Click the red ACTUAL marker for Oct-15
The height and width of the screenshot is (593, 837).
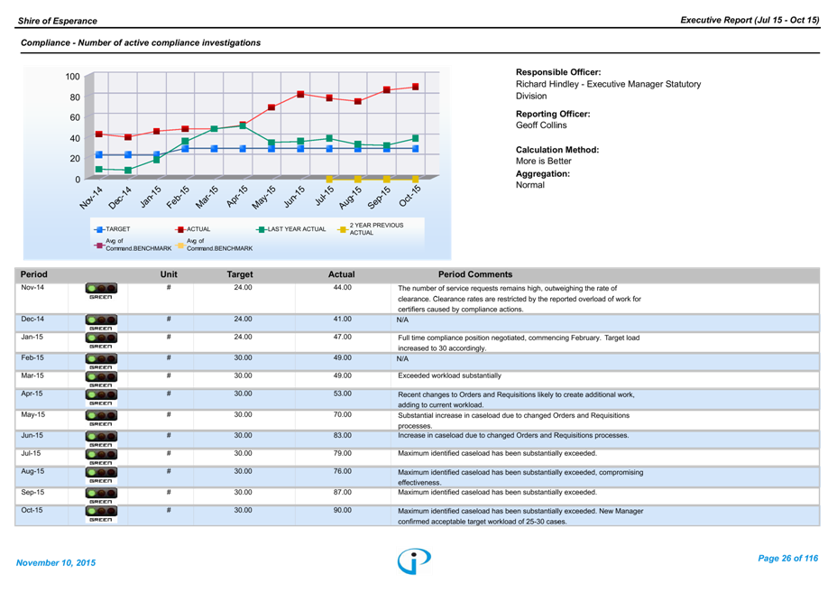pos(416,87)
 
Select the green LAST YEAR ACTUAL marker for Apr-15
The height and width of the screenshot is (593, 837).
pos(243,125)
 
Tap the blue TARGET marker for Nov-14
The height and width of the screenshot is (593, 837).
pos(99,155)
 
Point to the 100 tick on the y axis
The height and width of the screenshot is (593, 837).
pos(73,76)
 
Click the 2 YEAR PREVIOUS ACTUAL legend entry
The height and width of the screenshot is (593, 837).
pos(370,228)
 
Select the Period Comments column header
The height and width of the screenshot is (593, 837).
pos(474,274)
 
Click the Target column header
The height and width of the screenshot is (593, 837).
pos(240,274)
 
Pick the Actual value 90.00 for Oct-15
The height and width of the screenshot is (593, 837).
pos(342,510)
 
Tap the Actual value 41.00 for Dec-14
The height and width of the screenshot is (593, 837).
pos(342,320)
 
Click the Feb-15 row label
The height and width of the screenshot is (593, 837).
pos(32,357)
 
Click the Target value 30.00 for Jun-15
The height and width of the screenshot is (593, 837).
pos(243,434)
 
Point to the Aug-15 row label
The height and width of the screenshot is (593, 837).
pos(32,471)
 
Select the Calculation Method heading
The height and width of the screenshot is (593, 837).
pos(557,150)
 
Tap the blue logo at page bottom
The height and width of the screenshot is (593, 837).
pos(414,561)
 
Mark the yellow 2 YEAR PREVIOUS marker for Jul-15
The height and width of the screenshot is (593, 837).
pos(329,180)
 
